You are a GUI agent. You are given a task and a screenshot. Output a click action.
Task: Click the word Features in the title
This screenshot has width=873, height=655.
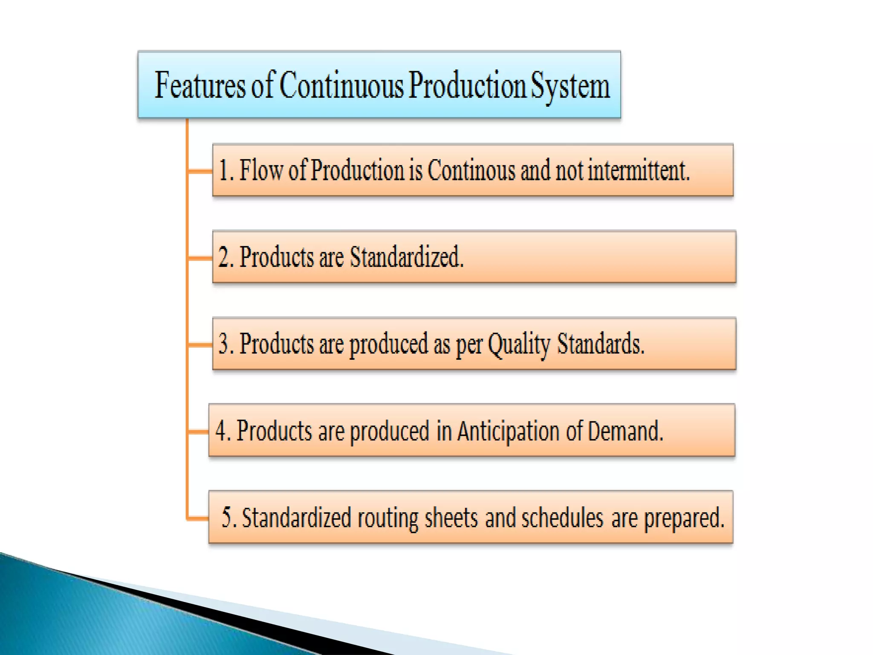tap(200, 86)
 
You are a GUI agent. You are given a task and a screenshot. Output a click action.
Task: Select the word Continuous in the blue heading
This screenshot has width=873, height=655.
tap(341, 86)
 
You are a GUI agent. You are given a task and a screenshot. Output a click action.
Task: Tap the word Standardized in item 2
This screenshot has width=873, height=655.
tap(406, 258)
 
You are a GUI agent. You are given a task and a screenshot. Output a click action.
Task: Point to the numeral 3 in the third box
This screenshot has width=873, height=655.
tap(224, 344)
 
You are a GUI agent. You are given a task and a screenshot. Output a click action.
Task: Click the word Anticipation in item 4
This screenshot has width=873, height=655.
tap(508, 431)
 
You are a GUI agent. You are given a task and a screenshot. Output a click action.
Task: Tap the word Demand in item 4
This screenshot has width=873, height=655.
tap(625, 431)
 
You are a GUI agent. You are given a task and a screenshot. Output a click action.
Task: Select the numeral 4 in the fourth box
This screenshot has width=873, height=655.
tap(221, 431)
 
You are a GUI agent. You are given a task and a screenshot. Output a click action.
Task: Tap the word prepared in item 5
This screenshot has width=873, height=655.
tap(684, 519)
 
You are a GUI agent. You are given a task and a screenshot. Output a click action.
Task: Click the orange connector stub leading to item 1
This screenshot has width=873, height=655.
tap(200, 171)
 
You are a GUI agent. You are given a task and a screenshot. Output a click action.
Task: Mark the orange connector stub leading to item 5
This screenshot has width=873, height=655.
tap(198, 519)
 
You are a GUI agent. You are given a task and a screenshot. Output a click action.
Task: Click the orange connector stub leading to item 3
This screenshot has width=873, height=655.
tap(200, 345)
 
